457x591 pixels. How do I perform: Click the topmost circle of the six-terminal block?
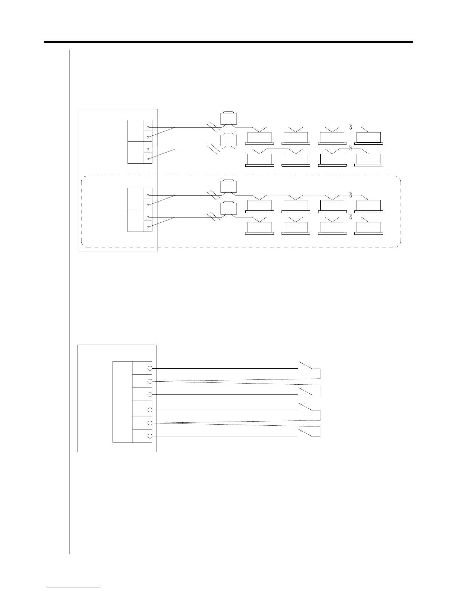(x=150, y=368)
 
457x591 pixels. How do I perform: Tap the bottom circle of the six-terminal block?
(x=150, y=436)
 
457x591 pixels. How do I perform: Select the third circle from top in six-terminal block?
(x=150, y=394)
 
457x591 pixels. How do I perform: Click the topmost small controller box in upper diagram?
(x=228, y=118)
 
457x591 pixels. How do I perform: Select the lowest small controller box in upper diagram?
(x=228, y=208)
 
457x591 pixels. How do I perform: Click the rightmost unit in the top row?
(x=369, y=138)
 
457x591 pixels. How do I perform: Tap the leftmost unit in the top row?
(x=259, y=138)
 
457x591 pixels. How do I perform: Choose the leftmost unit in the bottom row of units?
(x=259, y=228)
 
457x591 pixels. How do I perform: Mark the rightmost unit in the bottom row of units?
(x=369, y=228)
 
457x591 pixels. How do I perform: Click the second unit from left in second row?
(x=296, y=160)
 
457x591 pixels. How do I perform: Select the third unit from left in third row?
(x=332, y=206)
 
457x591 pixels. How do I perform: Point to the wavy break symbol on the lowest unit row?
(x=350, y=217)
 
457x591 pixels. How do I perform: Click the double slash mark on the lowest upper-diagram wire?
(x=213, y=217)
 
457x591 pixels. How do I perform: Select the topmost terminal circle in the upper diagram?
(x=148, y=128)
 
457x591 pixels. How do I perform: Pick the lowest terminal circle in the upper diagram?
(x=148, y=227)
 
